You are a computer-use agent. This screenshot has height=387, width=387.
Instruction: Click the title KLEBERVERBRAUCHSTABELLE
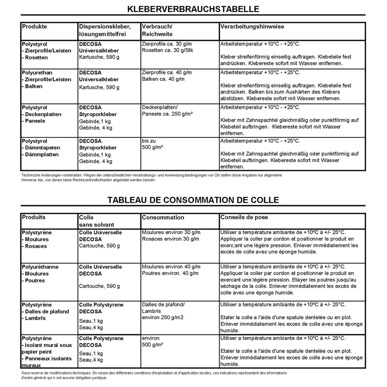click(x=193, y=9)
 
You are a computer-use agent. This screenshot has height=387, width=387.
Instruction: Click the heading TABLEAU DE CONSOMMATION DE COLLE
click(x=193, y=200)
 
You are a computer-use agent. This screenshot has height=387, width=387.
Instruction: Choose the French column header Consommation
click(x=163, y=218)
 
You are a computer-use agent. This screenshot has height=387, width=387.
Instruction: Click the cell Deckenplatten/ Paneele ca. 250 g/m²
click(x=167, y=110)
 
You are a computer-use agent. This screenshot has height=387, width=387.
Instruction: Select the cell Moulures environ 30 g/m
click(x=171, y=232)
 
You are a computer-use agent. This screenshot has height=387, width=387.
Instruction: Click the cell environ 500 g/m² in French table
click(x=155, y=342)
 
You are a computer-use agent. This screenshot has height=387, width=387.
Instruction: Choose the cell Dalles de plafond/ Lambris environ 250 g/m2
click(x=164, y=311)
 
